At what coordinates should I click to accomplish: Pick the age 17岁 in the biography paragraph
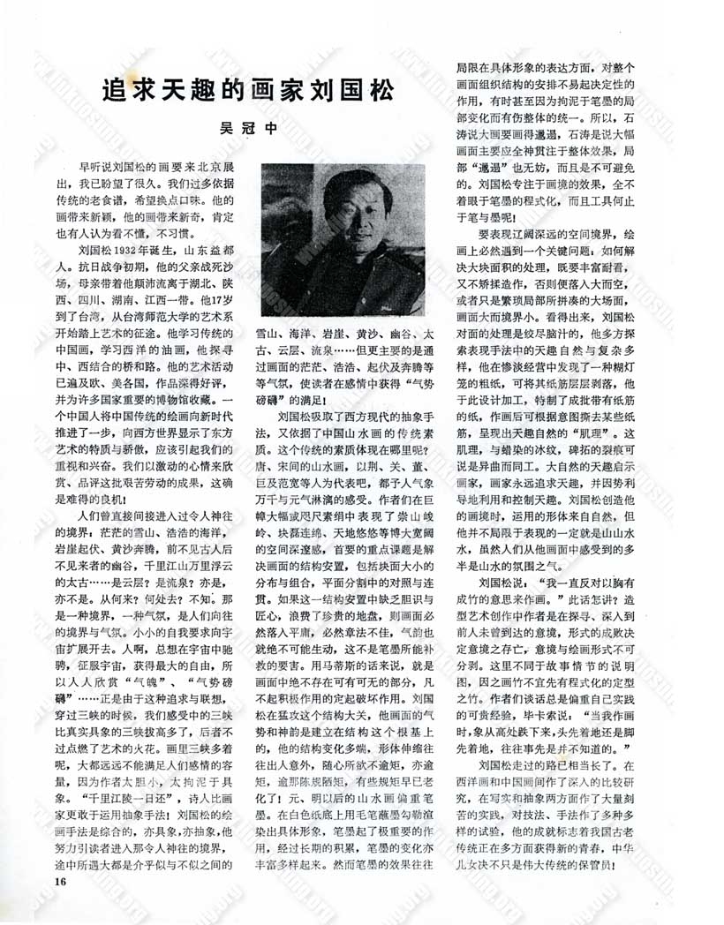222,322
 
